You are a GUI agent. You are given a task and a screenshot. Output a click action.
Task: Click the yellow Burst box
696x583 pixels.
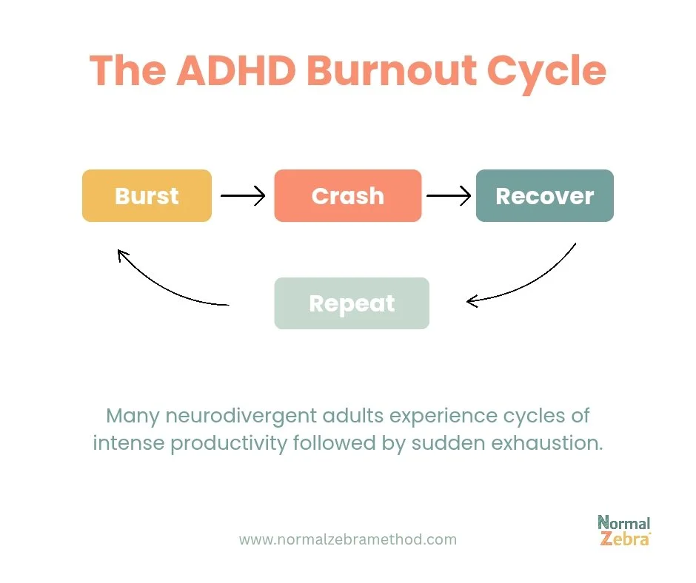147,196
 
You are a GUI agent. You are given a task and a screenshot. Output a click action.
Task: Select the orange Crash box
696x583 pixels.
347,196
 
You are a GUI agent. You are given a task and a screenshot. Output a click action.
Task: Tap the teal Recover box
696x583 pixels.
544,196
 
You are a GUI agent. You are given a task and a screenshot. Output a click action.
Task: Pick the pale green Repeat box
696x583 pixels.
352,303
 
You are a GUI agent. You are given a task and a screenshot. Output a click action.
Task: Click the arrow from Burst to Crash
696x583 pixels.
243,196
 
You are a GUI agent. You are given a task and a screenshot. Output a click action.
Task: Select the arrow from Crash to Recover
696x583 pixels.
449,196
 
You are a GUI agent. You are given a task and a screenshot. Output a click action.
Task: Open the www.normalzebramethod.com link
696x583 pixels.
347,539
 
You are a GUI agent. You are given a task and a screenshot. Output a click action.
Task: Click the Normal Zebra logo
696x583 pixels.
623,530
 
